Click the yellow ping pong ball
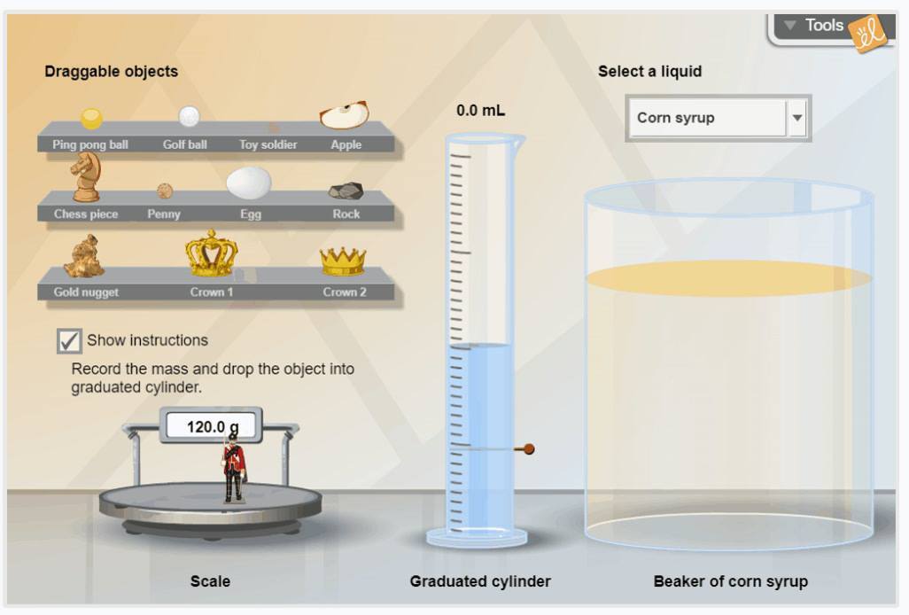pyautogui.click(x=91, y=118)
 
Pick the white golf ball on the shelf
pyautogui.click(x=189, y=116)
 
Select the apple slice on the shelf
pyautogui.click(x=345, y=115)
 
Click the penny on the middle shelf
pyautogui.click(x=165, y=191)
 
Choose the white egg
pyautogui.click(x=249, y=183)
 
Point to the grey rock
pyautogui.click(x=346, y=191)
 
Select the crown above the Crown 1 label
pyautogui.click(x=212, y=253)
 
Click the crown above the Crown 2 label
pyautogui.click(x=343, y=261)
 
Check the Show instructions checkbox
pyautogui.click(x=69, y=341)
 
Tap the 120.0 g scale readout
pyautogui.click(x=212, y=426)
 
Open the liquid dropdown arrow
pyautogui.click(x=797, y=118)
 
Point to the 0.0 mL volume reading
pyautogui.click(x=480, y=110)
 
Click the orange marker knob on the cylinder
pyautogui.click(x=529, y=448)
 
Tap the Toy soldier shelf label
pyautogui.click(x=268, y=144)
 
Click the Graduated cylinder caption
pyautogui.click(x=480, y=580)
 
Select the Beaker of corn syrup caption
pyautogui.click(x=730, y=580)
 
